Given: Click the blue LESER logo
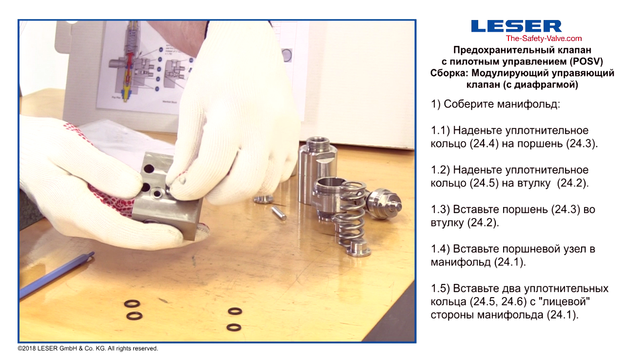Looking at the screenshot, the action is [x=516, y=26].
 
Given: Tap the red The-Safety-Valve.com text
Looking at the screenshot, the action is [x=544, y=39].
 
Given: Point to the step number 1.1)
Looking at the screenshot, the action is [x=440, y=130].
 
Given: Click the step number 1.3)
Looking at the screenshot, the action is [x=440, y=209].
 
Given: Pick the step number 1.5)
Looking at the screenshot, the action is [x=440, y=288].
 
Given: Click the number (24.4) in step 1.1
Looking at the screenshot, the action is [x=484, y=143].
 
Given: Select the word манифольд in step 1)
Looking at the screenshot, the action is [x=528, y=104].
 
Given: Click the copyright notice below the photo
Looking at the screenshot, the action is [x=88, y=349].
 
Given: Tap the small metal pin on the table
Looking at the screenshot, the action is [x=279, y=213].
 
